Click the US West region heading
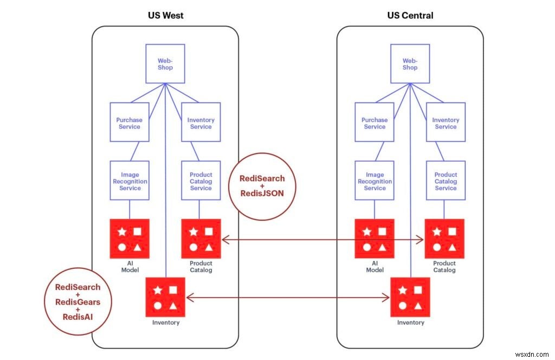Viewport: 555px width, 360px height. [x=165, y=15]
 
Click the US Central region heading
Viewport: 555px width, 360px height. [x=410, y=15]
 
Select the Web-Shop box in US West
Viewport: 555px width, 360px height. [x=165, y=64]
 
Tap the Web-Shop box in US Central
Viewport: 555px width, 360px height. [x=410, y=64]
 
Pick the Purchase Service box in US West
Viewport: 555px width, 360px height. [x=129, y=123]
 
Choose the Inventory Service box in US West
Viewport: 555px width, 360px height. [x=201, y=123]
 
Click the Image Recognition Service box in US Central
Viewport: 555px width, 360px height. [x=375, y=181]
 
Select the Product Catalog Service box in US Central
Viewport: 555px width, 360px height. [x=446, y=181]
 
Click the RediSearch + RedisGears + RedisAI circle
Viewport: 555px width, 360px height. [x=78, y=302]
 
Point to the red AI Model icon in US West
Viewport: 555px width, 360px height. [x=130, y=239]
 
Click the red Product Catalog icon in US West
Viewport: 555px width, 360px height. [x=201, y=239]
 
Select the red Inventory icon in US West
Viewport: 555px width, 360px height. [x=165, y=297]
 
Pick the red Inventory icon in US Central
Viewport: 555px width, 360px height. [x=410, y=297]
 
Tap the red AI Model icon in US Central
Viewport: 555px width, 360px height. [x=375, y=239]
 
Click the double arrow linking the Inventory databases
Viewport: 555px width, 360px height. [x=287, y=297]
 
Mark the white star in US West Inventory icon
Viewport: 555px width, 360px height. [x=158, y=290]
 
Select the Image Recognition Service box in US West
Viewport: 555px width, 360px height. [x=130, y=181]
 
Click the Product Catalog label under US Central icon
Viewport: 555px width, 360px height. [x=444, y=266]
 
